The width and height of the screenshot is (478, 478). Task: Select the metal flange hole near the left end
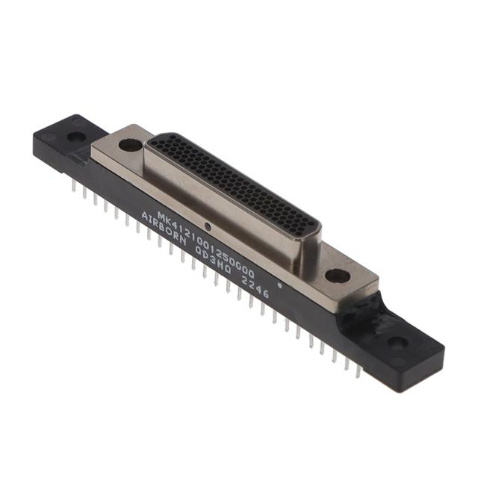[x=130, y=145]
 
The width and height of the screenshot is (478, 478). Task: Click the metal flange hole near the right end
[x=337, y=276]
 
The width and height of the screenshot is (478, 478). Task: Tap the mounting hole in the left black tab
[x=77, y=137]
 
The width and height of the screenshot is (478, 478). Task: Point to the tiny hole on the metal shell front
[x=211, y=223]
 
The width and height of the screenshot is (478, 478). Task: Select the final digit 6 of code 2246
[x=265, y=297]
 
